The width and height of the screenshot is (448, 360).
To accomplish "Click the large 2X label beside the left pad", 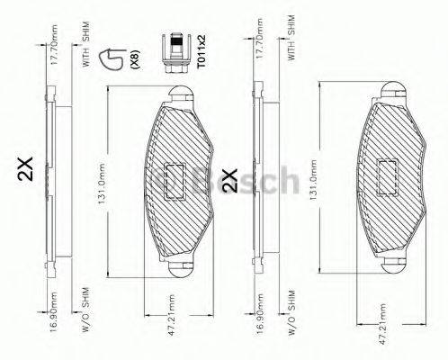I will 24,168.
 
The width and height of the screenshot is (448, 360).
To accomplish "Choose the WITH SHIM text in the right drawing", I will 291,38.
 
